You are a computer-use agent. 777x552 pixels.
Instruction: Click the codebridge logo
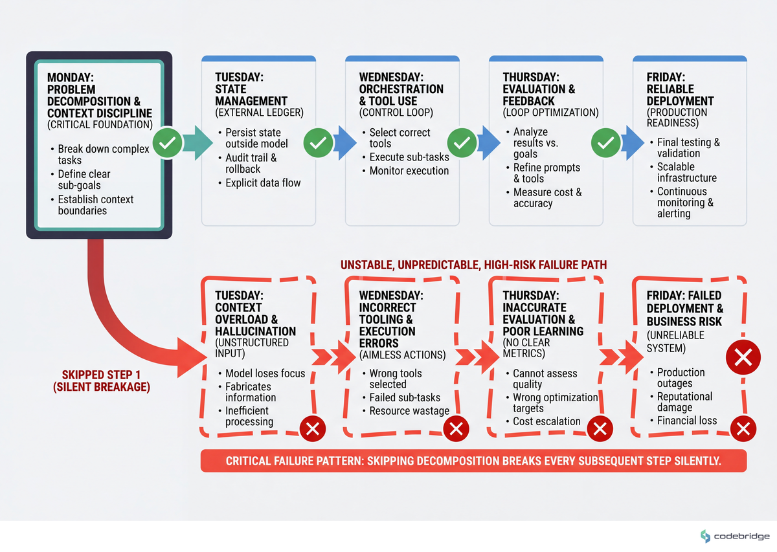735,536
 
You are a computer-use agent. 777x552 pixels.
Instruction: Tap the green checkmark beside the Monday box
168,142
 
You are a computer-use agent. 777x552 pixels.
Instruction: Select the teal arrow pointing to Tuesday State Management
197,142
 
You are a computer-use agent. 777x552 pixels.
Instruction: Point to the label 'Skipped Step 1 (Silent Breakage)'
102,381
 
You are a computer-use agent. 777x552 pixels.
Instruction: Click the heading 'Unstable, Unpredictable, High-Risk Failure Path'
473,265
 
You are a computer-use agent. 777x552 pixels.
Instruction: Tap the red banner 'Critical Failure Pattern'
473,461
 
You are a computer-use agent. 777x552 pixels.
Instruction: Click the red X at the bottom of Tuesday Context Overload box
313,428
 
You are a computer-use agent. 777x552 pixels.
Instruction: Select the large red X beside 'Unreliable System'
743,357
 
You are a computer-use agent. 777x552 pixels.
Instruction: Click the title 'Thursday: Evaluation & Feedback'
539,89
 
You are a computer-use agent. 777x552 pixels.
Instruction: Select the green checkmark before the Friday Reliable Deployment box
605,142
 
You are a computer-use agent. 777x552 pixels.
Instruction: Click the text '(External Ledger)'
259,113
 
